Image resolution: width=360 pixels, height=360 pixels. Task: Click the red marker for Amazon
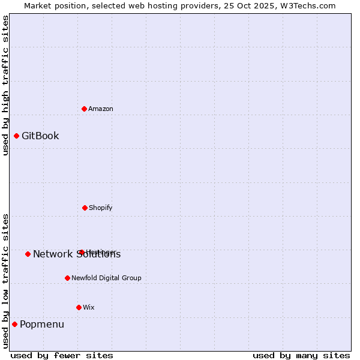(85, 109)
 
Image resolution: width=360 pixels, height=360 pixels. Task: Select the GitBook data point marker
(17, 136)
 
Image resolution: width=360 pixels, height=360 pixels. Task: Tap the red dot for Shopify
(85, 208)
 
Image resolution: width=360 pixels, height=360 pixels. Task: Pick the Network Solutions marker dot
(28, 254)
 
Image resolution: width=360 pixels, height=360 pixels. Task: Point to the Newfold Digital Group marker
(67, 278)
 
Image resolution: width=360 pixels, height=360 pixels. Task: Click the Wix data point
(79, 307)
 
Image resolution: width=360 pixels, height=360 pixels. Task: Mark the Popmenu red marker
(14, 324)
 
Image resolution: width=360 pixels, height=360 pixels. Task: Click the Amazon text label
(101, 109)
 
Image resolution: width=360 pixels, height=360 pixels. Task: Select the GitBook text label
(40, 136)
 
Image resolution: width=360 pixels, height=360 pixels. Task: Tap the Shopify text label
(101, 208)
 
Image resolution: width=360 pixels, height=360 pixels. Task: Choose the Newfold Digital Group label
(106, 278)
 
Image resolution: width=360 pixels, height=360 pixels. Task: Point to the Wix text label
(89, 307)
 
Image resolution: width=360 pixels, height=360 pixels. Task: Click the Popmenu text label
(42, 325)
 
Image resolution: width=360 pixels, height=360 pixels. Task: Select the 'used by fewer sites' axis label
(62, 355)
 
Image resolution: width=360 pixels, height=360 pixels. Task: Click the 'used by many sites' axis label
(301, 355)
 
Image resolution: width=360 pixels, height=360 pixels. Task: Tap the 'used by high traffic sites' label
(5, 85)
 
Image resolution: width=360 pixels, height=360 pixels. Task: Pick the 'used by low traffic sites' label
(5, 280)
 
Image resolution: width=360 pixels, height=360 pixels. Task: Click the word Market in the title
(38, 5)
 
